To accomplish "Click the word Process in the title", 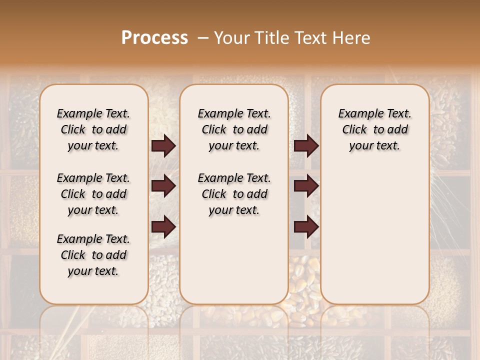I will pyautogui.click(x=154, y=37).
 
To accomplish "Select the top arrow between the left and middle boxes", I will pyautogui.click(x=163, y=146).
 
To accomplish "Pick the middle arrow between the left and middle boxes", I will pyautogui.click(x=163, y=186).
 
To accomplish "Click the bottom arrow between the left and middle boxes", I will pyautogui.click(x=163, y=226).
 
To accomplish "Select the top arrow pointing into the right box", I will pyautogui.click(x=306, y=146).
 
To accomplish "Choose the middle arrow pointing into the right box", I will pyautogui.click(x=306, y=186).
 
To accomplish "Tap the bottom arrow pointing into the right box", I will pyautogui.click(x=306, y=226).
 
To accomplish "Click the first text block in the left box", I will pyautogui.click(x=93, y=129).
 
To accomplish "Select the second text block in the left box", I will pyautogui.click(x=93, y=194).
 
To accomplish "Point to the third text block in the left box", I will pyautogui.click(x=93, y=255).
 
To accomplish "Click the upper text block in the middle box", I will pyautogui.click(x=234, y=129).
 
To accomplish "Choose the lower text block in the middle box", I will pyautogui.click(x=234, y=194).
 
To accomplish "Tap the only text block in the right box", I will pyautogui.click(x=374, y=129).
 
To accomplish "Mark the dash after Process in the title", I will pyautogui.click(x=202, y=38).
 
